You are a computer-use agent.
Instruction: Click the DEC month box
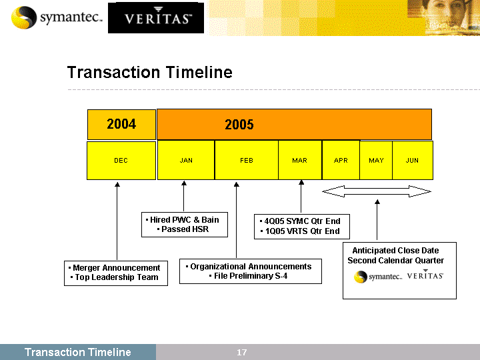tap(121, 161)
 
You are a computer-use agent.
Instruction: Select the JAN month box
tap(186, 160)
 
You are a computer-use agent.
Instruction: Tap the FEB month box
tap(247, 160)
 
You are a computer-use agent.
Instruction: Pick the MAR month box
tap(300, 160)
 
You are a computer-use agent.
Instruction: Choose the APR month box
tap(341, 160)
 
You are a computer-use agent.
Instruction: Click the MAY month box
tap(376, 160)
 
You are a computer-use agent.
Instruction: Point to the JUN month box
tap(413, 160)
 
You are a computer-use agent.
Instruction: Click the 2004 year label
tap(121, 124)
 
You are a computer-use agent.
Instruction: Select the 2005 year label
tap(239, 125)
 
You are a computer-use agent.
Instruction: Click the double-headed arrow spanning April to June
tap(377, 191)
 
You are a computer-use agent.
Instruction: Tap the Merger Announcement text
tap(116, 268)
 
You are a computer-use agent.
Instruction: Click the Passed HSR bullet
tap(183, 229)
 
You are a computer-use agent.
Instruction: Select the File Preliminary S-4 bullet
tap(248, 276)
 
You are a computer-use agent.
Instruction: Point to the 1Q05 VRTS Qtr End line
tap(300, 231)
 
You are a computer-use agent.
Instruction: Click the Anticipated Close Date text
tap(395, 251)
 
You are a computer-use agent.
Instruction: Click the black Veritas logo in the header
tap(156, 18)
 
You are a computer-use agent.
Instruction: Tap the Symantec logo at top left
tap(57, 17)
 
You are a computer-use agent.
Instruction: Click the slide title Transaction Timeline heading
tap(150, 72)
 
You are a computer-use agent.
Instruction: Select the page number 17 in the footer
tap(241, 353)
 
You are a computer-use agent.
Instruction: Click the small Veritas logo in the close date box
tap(425, 275)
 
